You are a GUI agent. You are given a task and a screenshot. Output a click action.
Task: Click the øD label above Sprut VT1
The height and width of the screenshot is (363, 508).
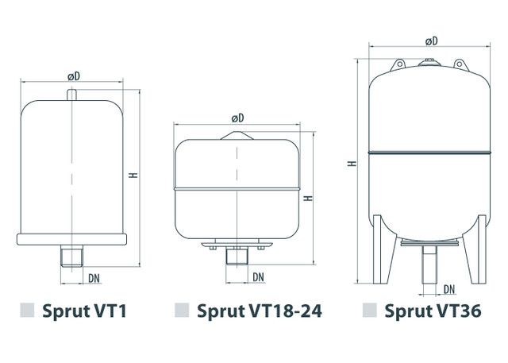tap(74, 76)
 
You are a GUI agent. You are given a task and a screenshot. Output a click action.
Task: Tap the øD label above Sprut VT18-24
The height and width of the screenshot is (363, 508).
tap(237, 118)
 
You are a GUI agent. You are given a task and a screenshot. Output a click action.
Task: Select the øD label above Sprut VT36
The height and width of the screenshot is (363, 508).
tap(431, 41)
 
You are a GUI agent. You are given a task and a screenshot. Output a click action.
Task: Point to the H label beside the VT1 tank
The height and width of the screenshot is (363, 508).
tap(133, 175)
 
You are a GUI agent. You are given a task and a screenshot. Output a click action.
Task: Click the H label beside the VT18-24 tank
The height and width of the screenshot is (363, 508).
tap(308, 198)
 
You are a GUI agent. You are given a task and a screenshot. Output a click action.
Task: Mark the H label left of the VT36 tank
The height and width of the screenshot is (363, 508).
tap(352, 164)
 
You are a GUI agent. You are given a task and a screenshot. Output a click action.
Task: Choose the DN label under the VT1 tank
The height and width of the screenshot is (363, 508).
tap(94, 279)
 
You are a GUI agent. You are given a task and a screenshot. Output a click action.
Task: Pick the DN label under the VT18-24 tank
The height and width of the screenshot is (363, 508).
tap(258, 277)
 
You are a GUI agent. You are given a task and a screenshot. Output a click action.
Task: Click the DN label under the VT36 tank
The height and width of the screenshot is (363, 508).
tap(449, 289)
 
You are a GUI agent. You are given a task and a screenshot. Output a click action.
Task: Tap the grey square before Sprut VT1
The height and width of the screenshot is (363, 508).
tap(27, 310)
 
